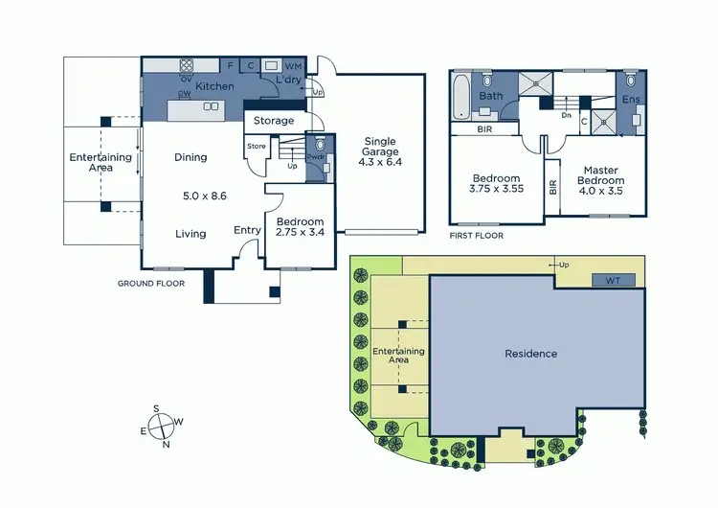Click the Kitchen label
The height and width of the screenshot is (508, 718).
pos(214,87)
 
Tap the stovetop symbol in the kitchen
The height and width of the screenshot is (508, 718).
pos(187,66)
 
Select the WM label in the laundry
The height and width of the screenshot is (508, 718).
pos(293,66)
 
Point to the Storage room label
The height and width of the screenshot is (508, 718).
pos(274,121)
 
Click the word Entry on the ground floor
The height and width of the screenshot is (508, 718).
pos(247,229)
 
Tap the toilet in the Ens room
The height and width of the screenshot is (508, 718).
pos(631,81)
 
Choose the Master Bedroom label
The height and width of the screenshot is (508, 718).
pos(601,175)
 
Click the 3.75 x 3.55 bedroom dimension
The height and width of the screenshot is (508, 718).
pos(496,190)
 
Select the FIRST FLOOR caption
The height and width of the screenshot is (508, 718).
pos(476,235)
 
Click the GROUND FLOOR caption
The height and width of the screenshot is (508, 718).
pos(150,284)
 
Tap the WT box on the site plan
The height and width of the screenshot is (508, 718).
pos(612,281)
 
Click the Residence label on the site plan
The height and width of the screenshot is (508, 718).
pos(530,354)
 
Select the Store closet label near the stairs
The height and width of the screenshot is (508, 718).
pos(256,147)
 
